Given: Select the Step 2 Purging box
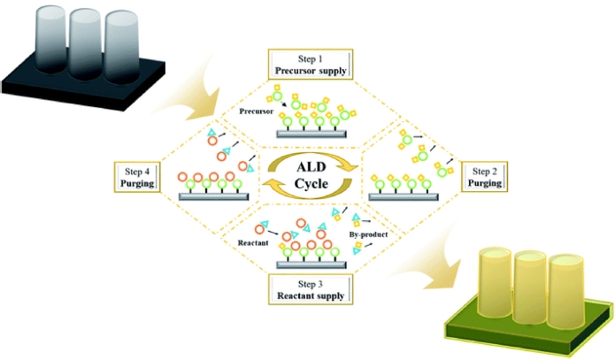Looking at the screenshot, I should (x=486, y=177).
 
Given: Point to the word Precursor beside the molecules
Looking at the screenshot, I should (x=258, y=112).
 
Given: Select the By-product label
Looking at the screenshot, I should (x=365, y=235).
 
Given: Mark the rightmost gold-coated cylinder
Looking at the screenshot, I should (x=565, y=292).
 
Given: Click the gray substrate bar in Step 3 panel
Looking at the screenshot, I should (x=310, y=264).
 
